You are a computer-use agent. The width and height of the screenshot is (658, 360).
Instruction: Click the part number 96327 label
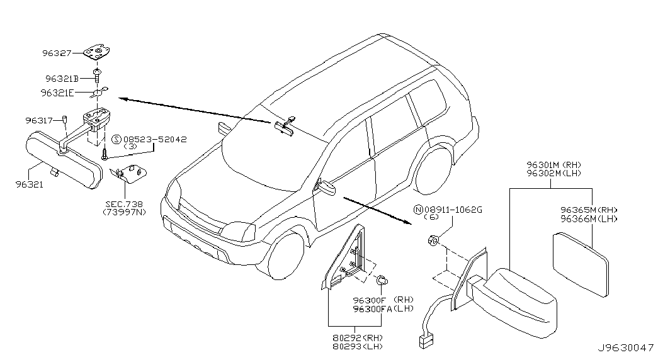(x=57, y=53)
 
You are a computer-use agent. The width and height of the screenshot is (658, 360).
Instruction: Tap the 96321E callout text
(x=57, y=93)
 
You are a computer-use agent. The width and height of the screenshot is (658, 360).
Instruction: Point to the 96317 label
(x=39, y=120)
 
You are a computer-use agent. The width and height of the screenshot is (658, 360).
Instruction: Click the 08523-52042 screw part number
(x=155, y=139)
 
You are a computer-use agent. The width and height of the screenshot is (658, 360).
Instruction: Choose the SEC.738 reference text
(x=124, y=205)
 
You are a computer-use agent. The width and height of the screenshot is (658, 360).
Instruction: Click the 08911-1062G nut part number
(x=453, y=210)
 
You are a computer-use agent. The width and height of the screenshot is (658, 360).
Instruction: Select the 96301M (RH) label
(x=554, y=165)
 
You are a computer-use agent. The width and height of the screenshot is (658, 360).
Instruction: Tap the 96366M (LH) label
(x=589, y=218)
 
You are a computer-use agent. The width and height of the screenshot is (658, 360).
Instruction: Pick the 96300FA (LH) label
(x=383, y=309)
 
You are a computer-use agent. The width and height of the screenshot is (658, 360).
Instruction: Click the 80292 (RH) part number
(x=358, y=338)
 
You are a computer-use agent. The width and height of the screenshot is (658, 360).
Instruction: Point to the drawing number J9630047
(x=626, y=348)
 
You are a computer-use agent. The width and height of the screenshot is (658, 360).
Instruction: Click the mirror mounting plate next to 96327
(x=97, y=53)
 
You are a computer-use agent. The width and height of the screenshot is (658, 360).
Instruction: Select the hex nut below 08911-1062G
(x=433, y=240)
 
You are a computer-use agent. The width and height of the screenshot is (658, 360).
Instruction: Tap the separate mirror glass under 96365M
(x=581, y=265)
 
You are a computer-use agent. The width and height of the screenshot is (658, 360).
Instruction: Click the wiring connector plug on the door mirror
(x=426, y=339)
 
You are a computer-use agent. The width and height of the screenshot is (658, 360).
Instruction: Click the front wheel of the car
(x=285, y=255)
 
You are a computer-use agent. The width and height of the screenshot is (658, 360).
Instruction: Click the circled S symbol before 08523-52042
(x=116, y=139)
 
